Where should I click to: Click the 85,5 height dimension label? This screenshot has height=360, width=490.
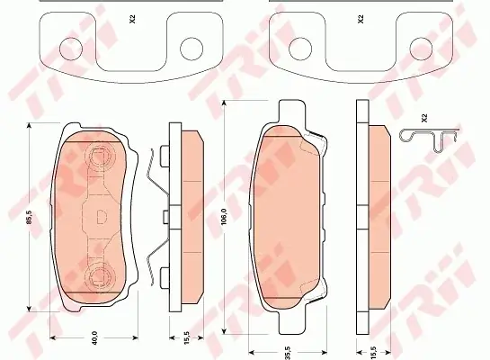click(30, 217)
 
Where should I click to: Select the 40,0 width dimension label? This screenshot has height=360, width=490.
click(94, 337)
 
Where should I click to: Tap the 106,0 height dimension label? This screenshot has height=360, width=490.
click(223, 216)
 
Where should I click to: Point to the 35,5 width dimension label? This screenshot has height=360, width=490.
click(288, 353)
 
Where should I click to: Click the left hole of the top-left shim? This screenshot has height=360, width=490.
click(71, 49)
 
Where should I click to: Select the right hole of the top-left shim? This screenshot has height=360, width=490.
click(192, 49)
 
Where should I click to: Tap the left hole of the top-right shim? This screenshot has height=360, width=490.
click(300, 49)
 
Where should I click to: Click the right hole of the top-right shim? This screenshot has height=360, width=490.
click(421, 49)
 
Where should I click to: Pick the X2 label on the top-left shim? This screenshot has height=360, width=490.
click(132, 20)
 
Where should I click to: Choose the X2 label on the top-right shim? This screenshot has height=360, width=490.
click(361, 20)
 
